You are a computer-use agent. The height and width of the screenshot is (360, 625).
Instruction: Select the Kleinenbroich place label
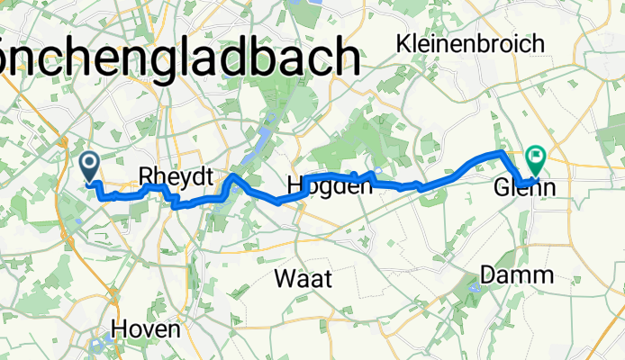pyautogui.click(x=470, y=43)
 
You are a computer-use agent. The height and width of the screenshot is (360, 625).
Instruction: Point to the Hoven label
pyautogui.click(x=149, y=329)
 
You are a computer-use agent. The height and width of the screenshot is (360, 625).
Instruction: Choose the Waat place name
pyautogui.click(x=303, y=279)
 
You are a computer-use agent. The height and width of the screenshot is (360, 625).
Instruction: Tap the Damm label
pyautogui.click(x=517, y=276)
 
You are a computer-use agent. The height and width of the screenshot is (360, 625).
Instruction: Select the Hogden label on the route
pyautogui.click(x=329, y=186)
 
